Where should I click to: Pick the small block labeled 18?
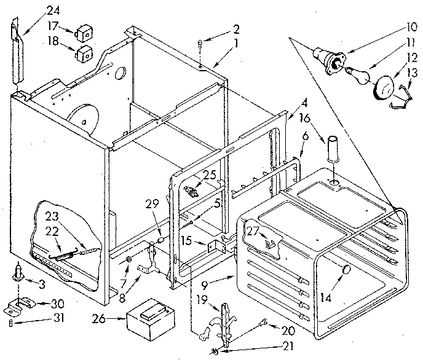point(84,54)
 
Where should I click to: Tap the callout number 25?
point(209,174)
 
